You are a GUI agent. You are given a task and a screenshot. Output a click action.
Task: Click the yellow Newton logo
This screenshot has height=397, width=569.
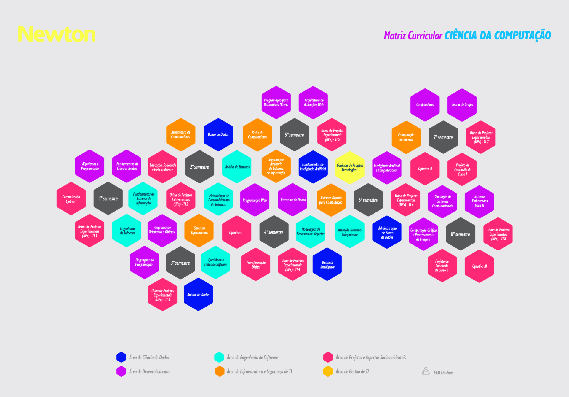pos(57,34)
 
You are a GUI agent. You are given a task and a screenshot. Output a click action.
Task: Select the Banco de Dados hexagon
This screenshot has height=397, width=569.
pos(218,134)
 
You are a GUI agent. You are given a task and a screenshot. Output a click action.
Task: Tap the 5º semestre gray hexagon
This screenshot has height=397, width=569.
pos(295,135)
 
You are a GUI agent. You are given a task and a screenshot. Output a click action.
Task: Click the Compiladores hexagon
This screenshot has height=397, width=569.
pos(425,105)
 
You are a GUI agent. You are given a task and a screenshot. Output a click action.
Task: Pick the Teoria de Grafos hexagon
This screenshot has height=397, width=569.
pos(462,105)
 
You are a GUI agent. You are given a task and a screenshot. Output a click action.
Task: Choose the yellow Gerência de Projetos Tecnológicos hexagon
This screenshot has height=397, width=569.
pos(350,168)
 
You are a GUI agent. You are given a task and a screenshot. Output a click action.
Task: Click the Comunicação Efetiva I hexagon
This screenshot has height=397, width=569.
pos(71,199)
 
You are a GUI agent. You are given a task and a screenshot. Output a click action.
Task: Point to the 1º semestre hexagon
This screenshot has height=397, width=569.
pos(108,198)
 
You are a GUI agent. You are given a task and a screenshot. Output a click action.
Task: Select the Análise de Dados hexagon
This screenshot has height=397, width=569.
pos(198,295)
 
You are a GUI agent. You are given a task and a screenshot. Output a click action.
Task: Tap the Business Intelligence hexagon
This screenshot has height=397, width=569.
pos(327,264)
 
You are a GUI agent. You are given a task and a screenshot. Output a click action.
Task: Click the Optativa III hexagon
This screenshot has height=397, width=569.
pos(479,266)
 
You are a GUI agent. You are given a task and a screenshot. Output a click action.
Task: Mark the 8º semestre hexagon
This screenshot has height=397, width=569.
pos(461,234)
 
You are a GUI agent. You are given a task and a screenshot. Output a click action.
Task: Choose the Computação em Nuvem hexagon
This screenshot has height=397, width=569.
pos(406,137)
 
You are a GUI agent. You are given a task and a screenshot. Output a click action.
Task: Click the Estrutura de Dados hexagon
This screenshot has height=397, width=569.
pos(293,200)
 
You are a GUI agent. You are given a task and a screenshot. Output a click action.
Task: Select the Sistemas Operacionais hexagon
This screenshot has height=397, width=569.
pos(199,231)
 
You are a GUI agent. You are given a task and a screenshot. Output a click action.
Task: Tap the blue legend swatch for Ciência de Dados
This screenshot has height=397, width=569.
pos(121,357)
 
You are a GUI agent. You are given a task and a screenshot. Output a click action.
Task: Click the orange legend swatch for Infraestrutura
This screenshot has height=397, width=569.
pos(220,371)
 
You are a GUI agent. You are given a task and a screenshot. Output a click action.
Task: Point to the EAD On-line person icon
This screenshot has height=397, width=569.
pos(426,371)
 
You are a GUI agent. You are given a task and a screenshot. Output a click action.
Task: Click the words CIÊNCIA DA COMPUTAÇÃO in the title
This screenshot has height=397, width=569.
pos(498,35)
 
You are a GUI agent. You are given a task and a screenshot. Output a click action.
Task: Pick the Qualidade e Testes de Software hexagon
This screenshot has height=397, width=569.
pos(215,262)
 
